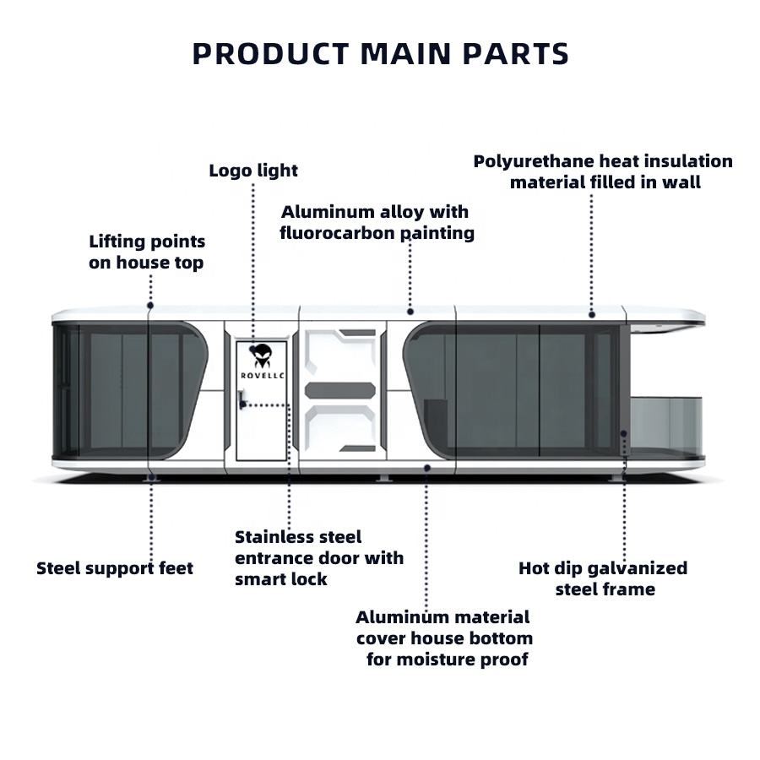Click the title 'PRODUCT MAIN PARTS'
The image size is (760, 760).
coord(380,54)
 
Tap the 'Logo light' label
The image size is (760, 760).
coord(253,171)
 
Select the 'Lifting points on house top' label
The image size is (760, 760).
coord(147,252)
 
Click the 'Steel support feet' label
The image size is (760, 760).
coord(115,568)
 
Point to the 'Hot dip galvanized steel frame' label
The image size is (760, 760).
coord(603,578)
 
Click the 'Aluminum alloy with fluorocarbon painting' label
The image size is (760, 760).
coord(377,222)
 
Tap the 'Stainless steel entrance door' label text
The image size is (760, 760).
coord(319,558)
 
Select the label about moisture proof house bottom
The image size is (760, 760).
coord(444,638)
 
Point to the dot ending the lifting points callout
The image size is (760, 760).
coord(150,305)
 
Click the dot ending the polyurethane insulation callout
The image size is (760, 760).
coord(591,313)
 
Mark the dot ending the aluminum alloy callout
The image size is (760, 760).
coord(410,312)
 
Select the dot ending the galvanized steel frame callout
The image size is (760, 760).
coord(624,433)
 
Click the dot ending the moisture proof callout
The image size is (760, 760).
coord(426,467)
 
